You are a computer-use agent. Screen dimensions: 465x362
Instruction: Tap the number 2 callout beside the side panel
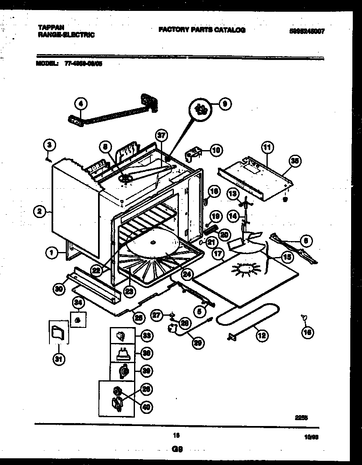coord(39,212)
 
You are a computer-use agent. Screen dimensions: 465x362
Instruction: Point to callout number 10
coord(216,150)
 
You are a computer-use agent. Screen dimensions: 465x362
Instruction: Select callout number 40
coord(147,406)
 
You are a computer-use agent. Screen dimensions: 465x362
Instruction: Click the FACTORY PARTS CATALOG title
coord(202,30)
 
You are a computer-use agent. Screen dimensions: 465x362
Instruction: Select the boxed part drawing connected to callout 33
coord(122,335)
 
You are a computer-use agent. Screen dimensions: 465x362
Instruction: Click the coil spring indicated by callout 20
coord(211,229)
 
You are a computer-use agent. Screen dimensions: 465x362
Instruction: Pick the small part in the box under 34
coord(78,320)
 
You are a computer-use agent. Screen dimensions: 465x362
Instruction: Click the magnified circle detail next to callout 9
coord(201,110)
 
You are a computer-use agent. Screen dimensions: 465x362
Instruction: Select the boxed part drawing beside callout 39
coord(122,371)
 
